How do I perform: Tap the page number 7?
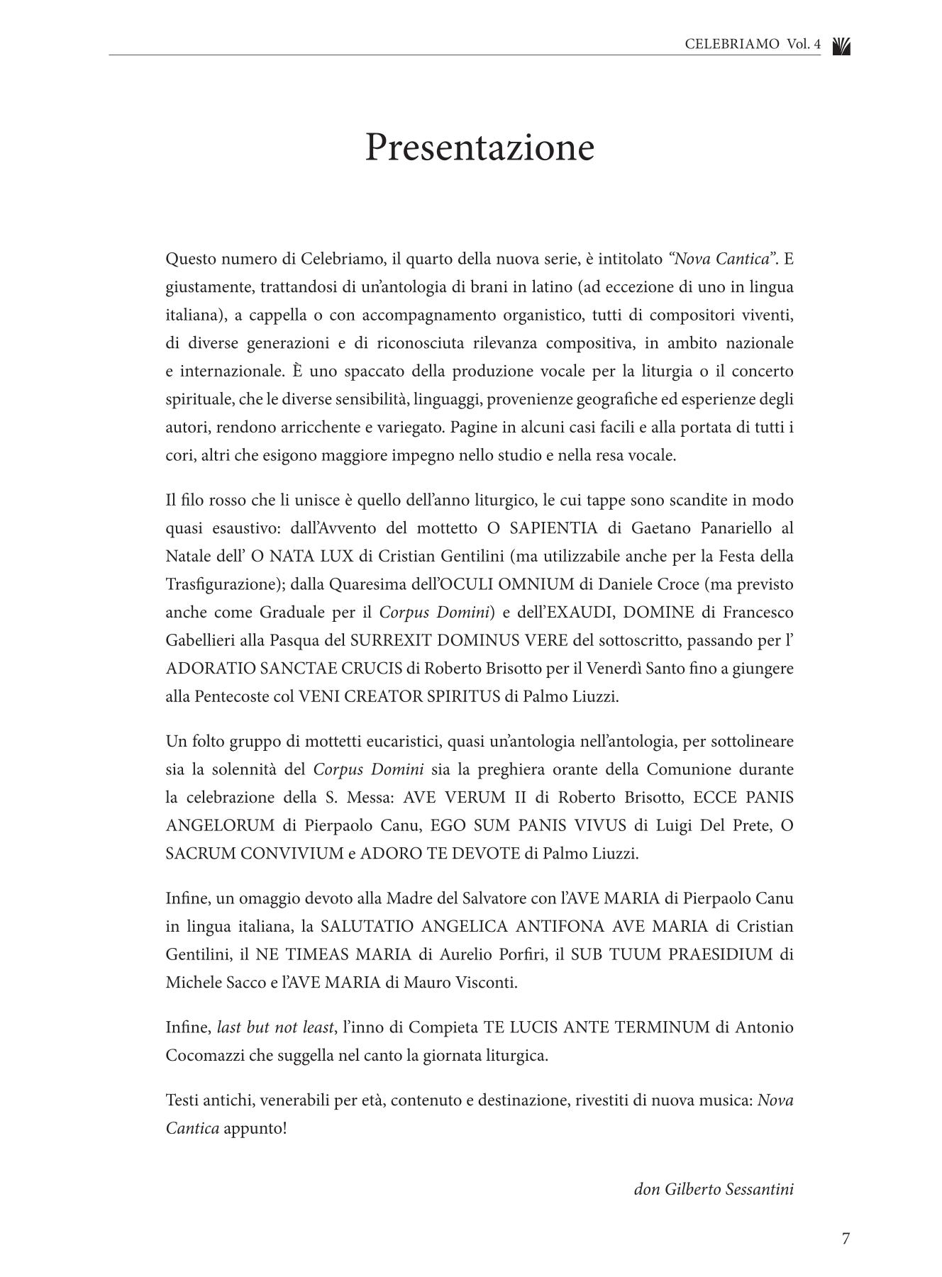coord(845,1239)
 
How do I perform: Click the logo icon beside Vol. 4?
coord(841,46)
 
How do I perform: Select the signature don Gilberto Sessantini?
coord(713,1189)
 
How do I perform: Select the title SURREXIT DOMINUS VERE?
coord(459,640)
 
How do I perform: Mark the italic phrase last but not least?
coord(275,1027)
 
